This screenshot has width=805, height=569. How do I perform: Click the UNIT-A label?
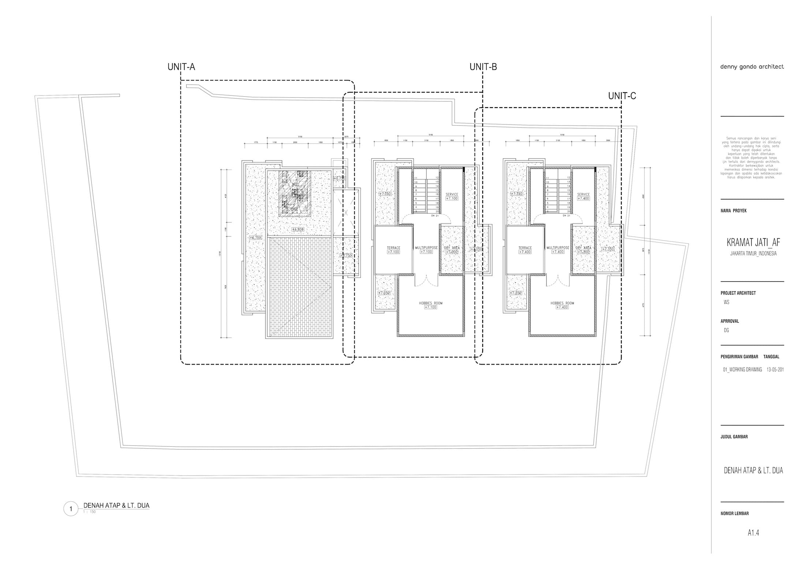click(181, 67)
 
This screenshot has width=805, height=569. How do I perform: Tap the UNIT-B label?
click(483, 67)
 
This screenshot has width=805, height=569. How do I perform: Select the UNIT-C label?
click(622, 96)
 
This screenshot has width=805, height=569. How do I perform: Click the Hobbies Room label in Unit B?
click(431, 303)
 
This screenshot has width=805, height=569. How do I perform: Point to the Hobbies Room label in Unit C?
click(562, 303)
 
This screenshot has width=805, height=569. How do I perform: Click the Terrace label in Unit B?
click(393, 248)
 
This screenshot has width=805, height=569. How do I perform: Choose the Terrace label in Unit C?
click(525, 248)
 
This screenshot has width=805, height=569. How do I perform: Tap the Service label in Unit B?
click(452, 194)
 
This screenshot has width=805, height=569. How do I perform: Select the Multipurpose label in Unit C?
click(558, 248)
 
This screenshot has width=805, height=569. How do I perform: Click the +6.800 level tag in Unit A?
click(298, 229)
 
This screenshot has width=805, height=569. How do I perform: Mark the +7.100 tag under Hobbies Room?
click(431, 307)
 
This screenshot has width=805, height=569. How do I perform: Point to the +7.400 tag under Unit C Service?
click(583, 198)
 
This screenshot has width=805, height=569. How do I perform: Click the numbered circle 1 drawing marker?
click(71, 509)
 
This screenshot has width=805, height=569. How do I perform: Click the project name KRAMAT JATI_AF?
click(753, 242)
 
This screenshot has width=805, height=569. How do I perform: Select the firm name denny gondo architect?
click(752, 67)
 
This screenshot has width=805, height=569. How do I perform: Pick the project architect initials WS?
click(726, 302)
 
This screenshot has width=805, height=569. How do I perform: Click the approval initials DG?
click(726, 330)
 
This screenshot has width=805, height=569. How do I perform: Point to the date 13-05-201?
click(775, 370)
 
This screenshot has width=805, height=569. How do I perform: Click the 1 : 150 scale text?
click(89, 512)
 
